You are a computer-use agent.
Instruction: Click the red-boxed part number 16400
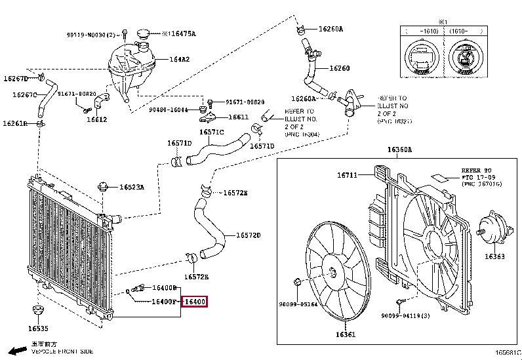[195, 302]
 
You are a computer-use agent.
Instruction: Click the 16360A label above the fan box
[400, 150]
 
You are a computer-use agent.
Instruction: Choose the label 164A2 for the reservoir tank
[180, 60]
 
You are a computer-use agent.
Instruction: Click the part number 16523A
[131, 187]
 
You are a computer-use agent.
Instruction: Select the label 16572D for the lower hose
[248, 235]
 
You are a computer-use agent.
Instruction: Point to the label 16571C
[212, 132]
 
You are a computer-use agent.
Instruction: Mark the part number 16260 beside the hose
[339, 68]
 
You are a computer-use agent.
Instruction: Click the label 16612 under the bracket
[96, 120]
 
